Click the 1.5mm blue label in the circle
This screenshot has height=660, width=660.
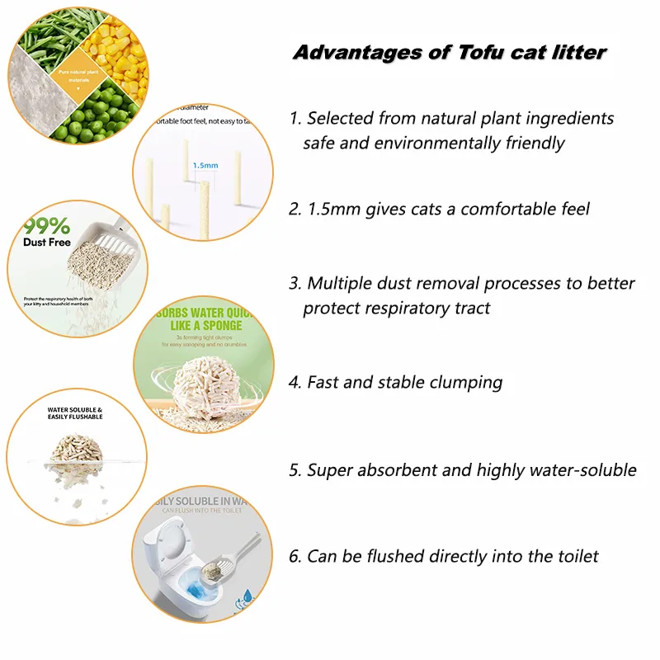(205, 165)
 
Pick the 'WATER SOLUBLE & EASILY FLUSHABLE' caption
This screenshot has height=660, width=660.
(75, 413)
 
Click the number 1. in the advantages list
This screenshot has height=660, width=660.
(295, 119)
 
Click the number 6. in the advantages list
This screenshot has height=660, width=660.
(295, 557)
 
